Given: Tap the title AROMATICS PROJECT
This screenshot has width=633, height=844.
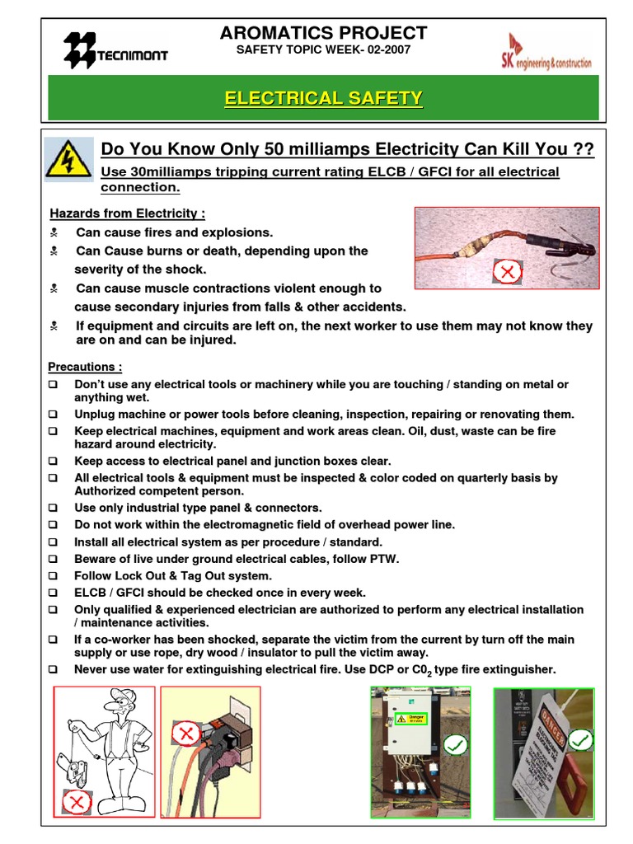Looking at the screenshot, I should [323, 33].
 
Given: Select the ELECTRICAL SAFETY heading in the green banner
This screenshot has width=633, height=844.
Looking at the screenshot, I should [323, 98].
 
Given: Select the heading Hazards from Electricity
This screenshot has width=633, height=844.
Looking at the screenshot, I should [127, 213].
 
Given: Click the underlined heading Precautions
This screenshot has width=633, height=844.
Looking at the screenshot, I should [85, 367].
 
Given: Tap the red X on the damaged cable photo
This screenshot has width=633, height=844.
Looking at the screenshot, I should [508, 270].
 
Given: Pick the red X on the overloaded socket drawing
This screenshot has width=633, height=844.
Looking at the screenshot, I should [186, 732].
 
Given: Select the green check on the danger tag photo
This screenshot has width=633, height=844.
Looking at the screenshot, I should [580, 739].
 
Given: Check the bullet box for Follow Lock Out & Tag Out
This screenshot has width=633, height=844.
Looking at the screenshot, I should [53, 576].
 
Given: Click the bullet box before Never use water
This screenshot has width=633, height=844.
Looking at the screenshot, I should [53, 669].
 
